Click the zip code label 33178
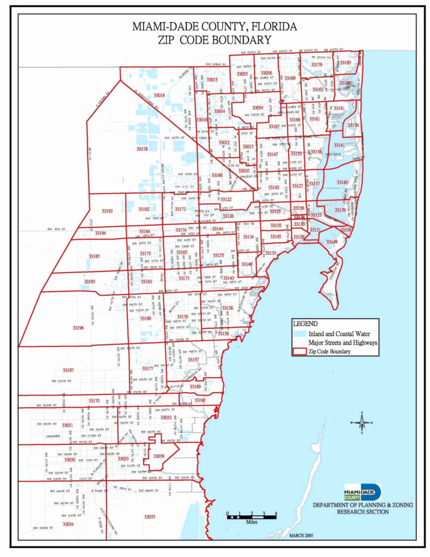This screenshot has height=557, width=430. [x=142, y=148]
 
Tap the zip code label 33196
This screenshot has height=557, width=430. [x=78, y=328]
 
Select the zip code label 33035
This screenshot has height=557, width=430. [x=149, y=516]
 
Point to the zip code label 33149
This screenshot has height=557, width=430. [x=332, y=242]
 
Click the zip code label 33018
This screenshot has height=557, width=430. [x=159, y=95]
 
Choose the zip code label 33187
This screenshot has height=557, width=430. [x=68, y=370]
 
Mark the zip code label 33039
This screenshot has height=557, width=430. [x=159, y=456]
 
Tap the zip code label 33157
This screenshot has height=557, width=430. [x=194, y=360]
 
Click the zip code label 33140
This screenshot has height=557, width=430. [x=342, y=182]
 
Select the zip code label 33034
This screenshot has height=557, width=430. [x=67, y=524]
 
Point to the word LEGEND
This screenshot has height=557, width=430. [x=304, y=323]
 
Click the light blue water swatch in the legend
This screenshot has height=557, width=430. [x=298, y=333]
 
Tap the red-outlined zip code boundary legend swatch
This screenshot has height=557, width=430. [x=298, y=351]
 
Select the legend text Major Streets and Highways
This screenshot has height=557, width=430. [x=342, y=343]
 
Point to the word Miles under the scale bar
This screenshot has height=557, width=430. [x=251, y=521]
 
